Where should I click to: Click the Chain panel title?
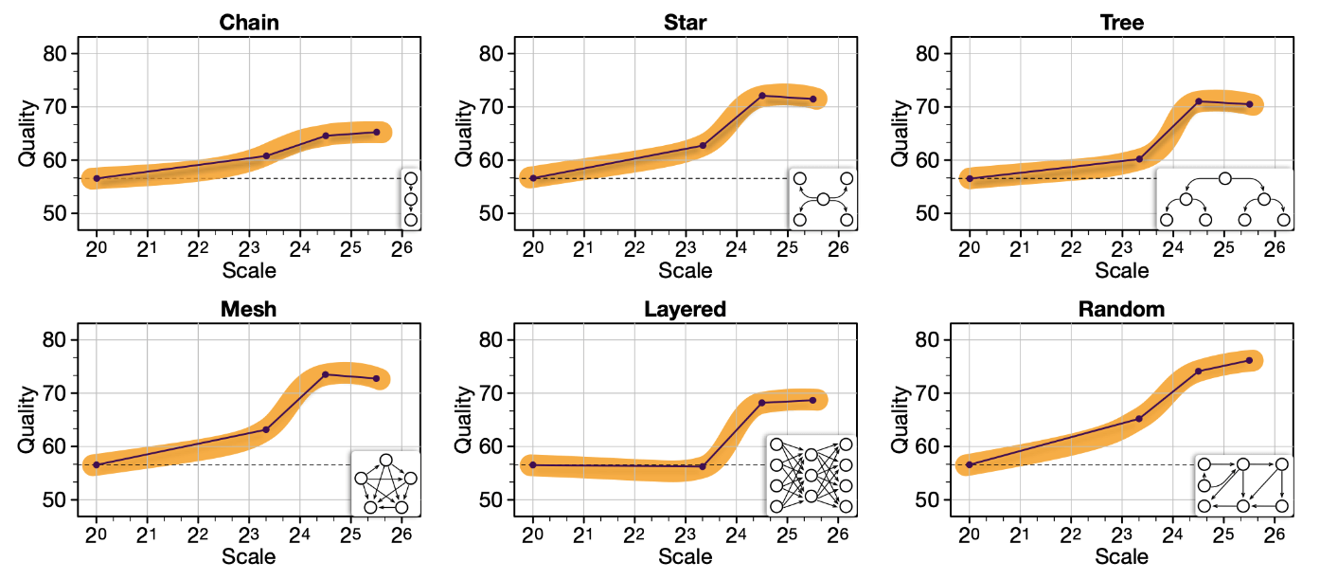coord(249,22)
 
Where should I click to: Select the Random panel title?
coord(1122,309)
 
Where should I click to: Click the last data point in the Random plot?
coord(1249,360)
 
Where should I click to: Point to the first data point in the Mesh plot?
coord(97,464)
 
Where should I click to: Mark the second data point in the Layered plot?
coord(703,466)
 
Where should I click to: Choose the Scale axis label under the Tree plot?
coord(1122,270)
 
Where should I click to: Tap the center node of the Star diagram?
coord(823,199)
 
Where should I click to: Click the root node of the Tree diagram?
coord(1224,178)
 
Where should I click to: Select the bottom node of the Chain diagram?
coord(411,220)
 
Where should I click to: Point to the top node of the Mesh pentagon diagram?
coord(385,460)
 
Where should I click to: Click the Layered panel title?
coord(685,309)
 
